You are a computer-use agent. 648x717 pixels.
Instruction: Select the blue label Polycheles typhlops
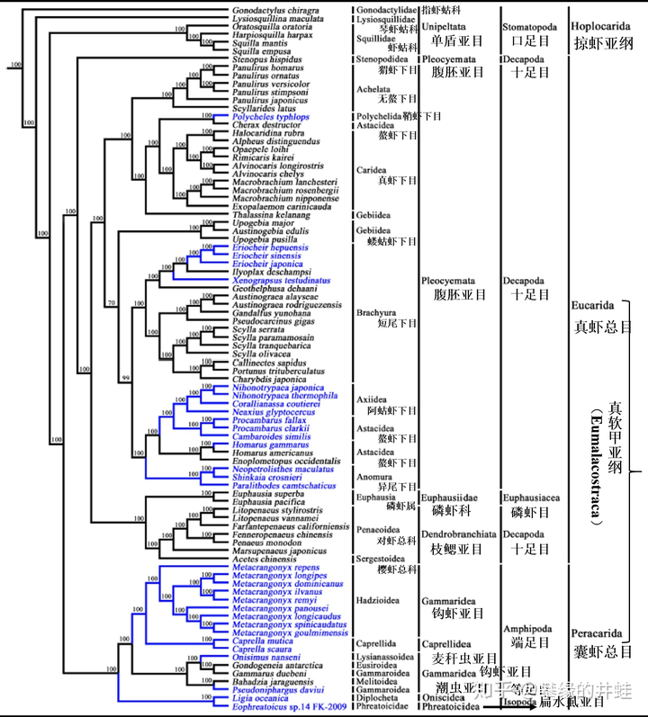tap(270, 117)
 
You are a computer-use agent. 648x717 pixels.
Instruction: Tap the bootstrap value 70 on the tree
tap(112, 303)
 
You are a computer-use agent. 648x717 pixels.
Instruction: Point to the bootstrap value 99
tap(127, 376)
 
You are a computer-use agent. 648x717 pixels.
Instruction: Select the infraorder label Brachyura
tap(375, 312)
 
